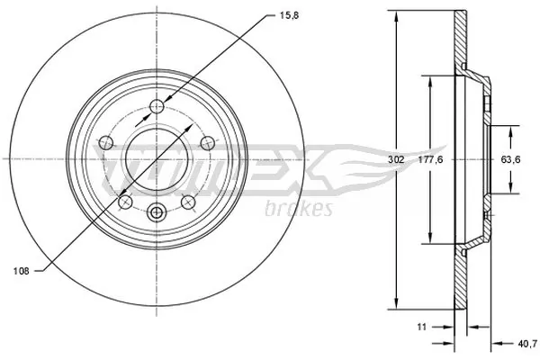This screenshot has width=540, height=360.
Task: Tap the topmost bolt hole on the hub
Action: click(157, 104)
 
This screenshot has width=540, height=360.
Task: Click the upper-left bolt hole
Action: click(105, 141)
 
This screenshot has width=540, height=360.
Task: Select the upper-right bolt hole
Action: click(209, 141)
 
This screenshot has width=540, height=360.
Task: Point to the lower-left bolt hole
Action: click(125, 202)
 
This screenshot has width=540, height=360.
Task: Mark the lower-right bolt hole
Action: click(189, 202)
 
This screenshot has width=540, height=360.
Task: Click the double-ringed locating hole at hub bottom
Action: click(157, 213)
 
